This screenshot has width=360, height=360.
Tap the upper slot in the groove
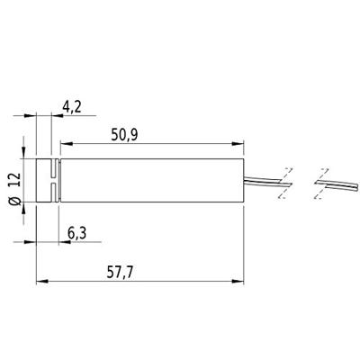[55, 166]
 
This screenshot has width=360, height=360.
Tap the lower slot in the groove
[55, 190]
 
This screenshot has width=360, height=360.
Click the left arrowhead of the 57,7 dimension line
[40, 281]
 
